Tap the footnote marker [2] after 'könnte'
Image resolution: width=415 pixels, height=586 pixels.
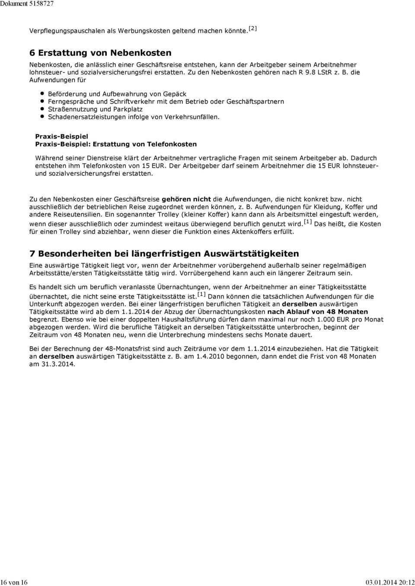pos(253,29)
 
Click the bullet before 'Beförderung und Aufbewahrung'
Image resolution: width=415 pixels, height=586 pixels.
pos(42,93)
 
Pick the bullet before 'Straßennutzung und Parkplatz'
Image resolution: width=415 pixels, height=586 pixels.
pos(42,109)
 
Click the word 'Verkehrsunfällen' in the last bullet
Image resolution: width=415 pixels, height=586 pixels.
pos(192,117)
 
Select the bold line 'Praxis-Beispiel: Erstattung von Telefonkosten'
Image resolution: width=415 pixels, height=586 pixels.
pos(115,144)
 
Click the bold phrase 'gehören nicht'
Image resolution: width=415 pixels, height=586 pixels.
pos(186,199)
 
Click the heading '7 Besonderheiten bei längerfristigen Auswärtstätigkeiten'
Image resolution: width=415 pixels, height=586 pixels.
pos(164,254)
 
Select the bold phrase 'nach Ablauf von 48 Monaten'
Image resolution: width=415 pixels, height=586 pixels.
pos(318,312)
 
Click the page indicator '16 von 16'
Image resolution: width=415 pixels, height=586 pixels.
pos(14,582)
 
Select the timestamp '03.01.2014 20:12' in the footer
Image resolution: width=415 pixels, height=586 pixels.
pos(389,582)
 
